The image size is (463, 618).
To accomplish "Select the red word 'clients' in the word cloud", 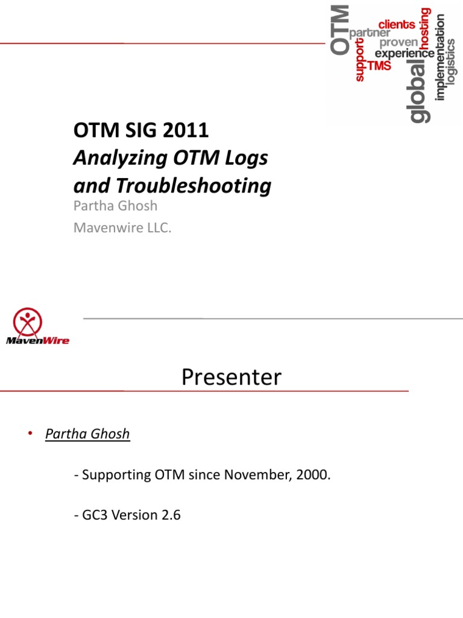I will [x=397, y=25].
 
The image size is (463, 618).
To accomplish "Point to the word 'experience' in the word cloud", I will [x=405, y=54].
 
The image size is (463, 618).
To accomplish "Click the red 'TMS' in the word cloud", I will [x=379, y=66].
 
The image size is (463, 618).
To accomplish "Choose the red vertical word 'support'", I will [x=360, y=60].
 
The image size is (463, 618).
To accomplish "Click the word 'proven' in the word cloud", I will [x=398, y=43].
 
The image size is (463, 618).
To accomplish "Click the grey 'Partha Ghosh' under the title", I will [x=115, y=206].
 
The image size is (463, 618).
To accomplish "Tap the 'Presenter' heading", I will [x=231, y=378].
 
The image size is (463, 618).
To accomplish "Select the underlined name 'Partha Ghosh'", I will [x=87, y=434].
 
